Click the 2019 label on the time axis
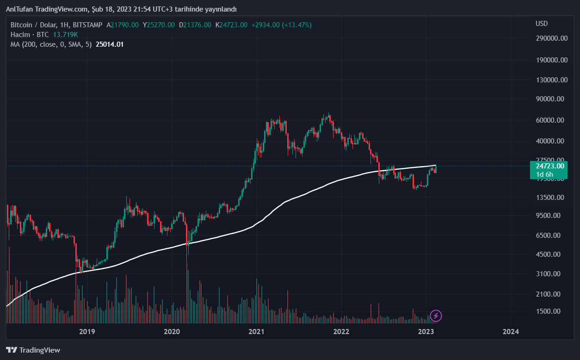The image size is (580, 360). click(x=87, y=331)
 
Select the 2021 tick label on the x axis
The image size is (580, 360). click(x=256, y=331)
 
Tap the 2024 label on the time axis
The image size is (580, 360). click(x=510, y=331)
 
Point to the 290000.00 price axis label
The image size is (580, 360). click(x=551, y=38)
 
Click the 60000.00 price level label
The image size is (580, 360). click(x=551, y=120)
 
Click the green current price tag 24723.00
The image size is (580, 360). click(x=549, y=166)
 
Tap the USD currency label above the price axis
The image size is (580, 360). click(x=542, y=24)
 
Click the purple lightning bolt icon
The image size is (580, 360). click(x=436, y=316)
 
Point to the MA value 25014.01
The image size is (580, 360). click(x=109, y=44)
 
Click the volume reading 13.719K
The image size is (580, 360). click(x=65, y=34)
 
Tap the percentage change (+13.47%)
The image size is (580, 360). click(x=296, y=25)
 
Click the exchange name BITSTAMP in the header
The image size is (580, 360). click(x=87, y=25)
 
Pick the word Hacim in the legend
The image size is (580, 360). click(x=20, y=34)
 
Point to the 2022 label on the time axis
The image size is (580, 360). click(x=341, y=331)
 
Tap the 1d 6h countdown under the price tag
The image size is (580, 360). click(x=544, y=174)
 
